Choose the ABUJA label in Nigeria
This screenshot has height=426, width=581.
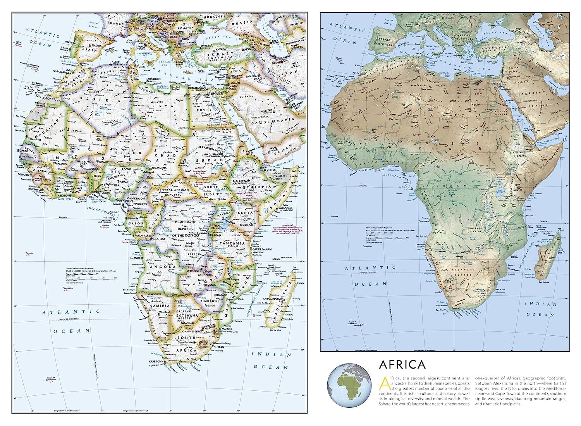click(x=124, y=181)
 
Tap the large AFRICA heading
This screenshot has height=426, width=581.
click(x=402, y=365)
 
